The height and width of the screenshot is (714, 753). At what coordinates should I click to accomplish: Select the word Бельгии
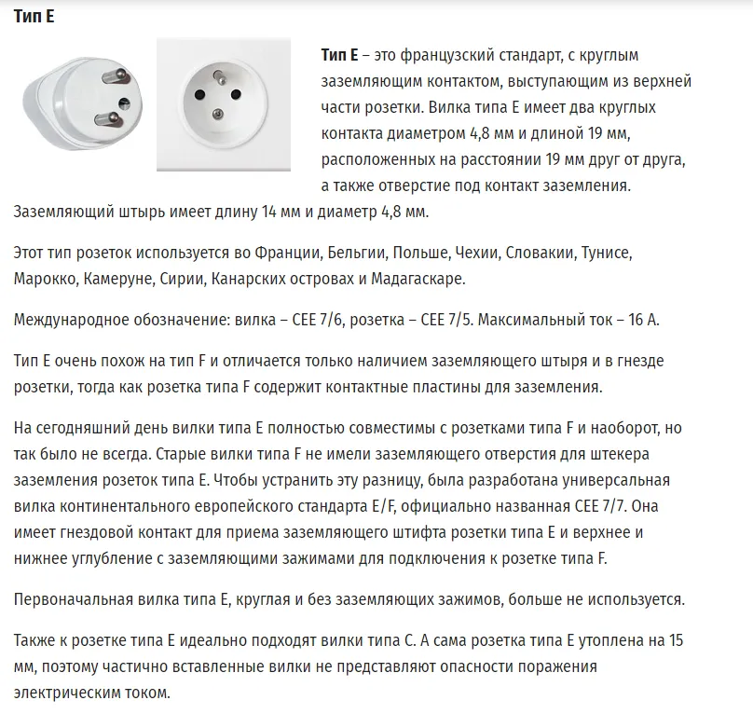coord(357,253)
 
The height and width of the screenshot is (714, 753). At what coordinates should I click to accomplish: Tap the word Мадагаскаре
coord(411,279)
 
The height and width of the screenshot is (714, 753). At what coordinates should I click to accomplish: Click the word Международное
coord(66,320)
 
